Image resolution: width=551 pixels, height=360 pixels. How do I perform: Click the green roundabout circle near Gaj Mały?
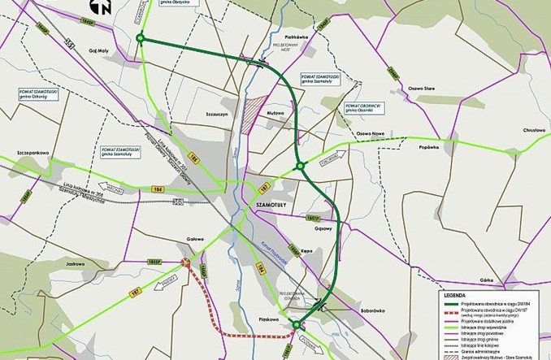(141, 38)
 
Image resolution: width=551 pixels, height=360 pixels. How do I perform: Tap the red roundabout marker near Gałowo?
(187, 262)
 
